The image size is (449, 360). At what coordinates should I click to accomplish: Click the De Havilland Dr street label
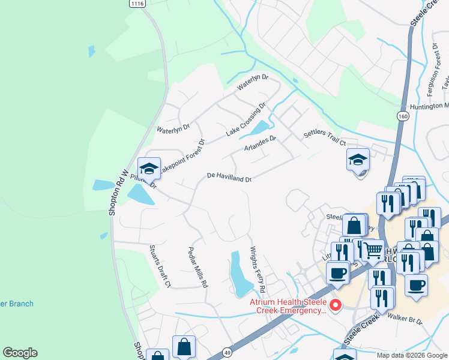(229, 178)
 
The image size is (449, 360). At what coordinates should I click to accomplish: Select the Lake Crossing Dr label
(246, 119)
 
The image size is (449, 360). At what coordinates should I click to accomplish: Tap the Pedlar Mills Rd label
(198, 267)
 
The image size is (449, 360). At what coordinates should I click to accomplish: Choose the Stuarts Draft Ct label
(160, 265)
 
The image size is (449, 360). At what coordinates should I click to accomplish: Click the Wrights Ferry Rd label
(258, 266)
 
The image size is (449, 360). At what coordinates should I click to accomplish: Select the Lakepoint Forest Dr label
(181, 154)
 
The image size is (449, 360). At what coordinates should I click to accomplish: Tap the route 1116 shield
(137, 4)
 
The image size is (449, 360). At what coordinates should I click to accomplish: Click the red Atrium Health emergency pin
(336, 306)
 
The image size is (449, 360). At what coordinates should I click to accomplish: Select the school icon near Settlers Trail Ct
(358, 160)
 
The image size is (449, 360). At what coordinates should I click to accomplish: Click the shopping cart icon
(373, 250)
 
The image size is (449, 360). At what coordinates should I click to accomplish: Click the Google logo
(20, 353)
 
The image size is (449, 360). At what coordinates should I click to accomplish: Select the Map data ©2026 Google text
(412, 355)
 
